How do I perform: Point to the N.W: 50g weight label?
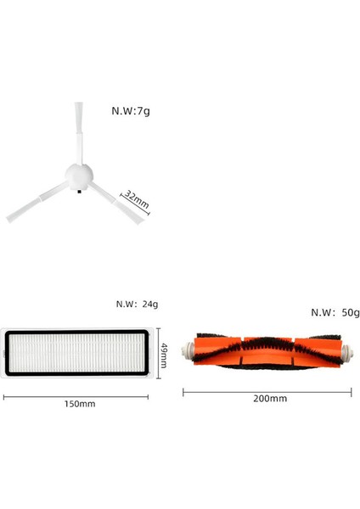click(335, 312)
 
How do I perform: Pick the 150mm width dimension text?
click(81, 404)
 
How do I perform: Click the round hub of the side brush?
click(79, 175)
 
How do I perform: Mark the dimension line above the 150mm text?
click(81, 394)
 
